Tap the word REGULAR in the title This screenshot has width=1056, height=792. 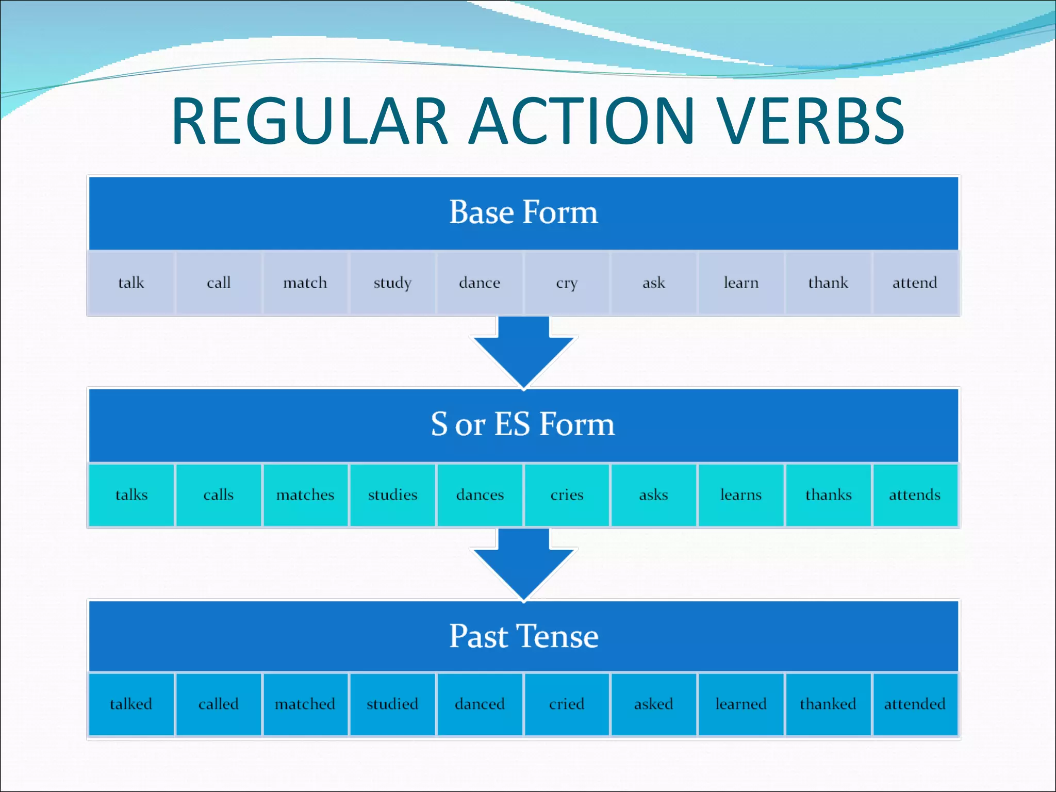pyautogui.click(x=309, y=121)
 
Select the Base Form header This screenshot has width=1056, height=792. pyautogui.click(x=523, y=212)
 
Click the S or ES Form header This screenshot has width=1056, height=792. pyautogui.click(x=523, y=424)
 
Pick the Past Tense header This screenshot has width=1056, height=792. pyautogui.click(x=523, y=636)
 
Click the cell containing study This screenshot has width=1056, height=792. pyautogui.click(x=392, y=283)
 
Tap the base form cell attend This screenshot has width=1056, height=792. pyautogui.click(x=915, y=283)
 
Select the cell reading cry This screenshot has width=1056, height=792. pyautogui.click(x=567, y=283)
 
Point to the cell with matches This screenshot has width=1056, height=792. pyautogui.click(x=305, y=495)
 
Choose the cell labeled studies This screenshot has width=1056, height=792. pyautogui.click(x=392, y=495)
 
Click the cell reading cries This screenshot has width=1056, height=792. pyautogui.click(x=567, y=495)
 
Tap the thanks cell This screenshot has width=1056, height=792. pyautogui.click(x=828, y=495)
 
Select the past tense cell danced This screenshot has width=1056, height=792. pyautogui.click(x=480, y=704)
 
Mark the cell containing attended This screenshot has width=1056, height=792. pyautogui.click(x=915, y=704)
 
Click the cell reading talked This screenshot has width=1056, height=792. pyautogui.click(x=131, y=704)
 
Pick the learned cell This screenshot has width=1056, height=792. pyautogui.click(x=741, y=704)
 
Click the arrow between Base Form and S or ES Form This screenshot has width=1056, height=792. pyautogui.click(x=523, y=351)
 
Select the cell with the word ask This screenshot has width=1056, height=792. pyautogui.click(x=654, y=283)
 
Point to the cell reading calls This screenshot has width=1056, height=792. pyautogui.click(x=218, y=495)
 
